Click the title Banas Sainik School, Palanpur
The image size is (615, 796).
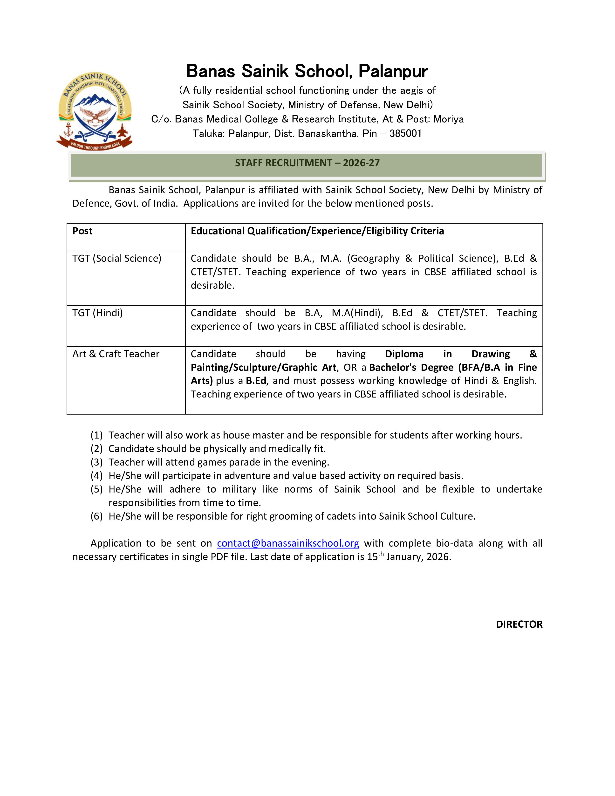click(307, 71)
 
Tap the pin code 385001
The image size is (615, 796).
click(405, 133)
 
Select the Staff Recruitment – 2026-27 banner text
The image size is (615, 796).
click(307, 163)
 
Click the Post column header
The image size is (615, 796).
click(82, 231)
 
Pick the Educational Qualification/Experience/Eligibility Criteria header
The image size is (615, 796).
click(317, 231)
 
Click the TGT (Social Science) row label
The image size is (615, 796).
click(116, 258)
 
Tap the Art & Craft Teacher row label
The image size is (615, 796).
click(116, 354)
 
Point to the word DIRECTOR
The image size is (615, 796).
click(519, 624)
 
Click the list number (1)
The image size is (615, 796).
click(96, 435)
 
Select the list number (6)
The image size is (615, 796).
click(96, 516)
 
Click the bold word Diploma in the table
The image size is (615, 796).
click(404, 354)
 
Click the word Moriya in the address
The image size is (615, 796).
click(449, 119)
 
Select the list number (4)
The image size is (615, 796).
click(96, 476)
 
